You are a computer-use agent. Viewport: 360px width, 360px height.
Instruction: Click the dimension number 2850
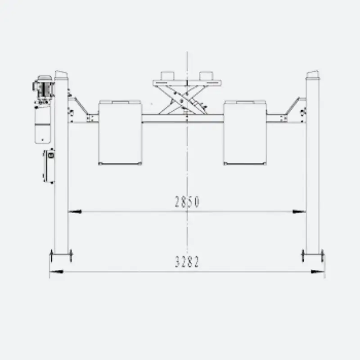187,202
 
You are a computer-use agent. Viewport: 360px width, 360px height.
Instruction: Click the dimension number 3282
187,262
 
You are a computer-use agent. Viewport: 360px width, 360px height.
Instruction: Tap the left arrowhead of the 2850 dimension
75,211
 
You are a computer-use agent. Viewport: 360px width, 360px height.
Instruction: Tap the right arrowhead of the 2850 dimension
299,211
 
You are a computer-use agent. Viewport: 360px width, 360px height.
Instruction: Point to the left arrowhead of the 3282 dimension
56,272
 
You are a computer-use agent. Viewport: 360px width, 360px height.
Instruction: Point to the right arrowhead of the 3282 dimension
318,272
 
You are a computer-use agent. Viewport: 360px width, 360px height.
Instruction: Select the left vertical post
61,166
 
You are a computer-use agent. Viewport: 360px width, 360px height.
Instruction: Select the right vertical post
312,166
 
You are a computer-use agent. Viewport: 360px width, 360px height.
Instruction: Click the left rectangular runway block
120,132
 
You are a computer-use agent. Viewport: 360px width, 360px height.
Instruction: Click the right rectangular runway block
245,132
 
